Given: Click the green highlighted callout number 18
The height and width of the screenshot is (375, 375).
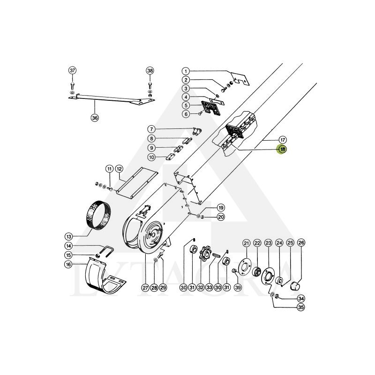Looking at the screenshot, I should click(282, 150).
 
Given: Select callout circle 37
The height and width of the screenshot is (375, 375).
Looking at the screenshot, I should click(72, 70).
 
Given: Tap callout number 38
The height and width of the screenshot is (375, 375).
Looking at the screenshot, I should click(150, 70).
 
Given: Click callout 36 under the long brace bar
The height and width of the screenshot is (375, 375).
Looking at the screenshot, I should click(95, 118).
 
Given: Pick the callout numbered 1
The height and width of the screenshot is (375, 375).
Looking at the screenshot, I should click(186, 71).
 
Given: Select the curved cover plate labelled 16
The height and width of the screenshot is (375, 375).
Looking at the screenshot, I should click(105, 277).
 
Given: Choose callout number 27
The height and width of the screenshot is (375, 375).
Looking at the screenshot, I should click(145, 287).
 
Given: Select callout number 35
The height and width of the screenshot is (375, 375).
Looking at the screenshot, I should click(300, 307).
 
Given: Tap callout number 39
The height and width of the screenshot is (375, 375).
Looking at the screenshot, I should click(238, 287).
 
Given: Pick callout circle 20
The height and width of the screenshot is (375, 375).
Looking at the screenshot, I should click(221, 217).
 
